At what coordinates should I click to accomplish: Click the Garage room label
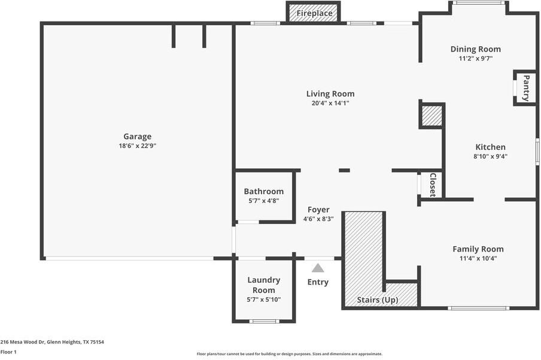click(x=137, y=137)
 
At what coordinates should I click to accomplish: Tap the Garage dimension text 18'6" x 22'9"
click(x=137, y=146)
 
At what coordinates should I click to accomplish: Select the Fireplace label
click(x=314, y=13)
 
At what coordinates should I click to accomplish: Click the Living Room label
click(x=330, y=93)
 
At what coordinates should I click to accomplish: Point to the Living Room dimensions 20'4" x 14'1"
click(x=330, y=103)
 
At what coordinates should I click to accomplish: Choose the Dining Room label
click(x=475, y=49)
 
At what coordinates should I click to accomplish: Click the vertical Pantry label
click(x=526, y=88)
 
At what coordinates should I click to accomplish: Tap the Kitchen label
click(x=490, y=147)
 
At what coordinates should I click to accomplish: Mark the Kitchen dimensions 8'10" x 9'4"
click(x=490, y=156)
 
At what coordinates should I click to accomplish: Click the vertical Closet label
click(x=433, y=185)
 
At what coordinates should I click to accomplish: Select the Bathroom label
click(x=263, y=192)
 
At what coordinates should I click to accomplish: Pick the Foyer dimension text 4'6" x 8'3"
click(x=318, y=219)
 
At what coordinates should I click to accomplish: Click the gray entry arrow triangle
click(x=318, y=268)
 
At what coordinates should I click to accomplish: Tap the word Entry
click(x=318, y=282)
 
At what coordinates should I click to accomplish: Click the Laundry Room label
click(x=263, y=285)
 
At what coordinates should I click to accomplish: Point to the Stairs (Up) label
click(x=378, y=300)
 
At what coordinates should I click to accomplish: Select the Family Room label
click(x=478, y=249)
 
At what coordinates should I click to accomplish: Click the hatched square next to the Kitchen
click(x=431, y=116)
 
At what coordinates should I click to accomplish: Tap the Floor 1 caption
click(x=8, y=352)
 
